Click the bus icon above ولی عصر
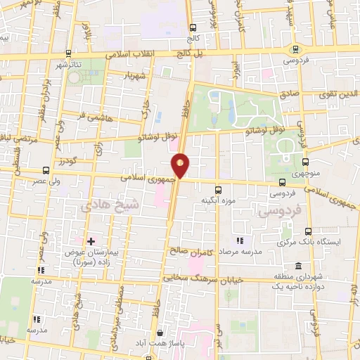(46, 170)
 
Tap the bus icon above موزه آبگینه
(219, 188)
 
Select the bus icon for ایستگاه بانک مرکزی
(308, 231)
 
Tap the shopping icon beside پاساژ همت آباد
(160, 333)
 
